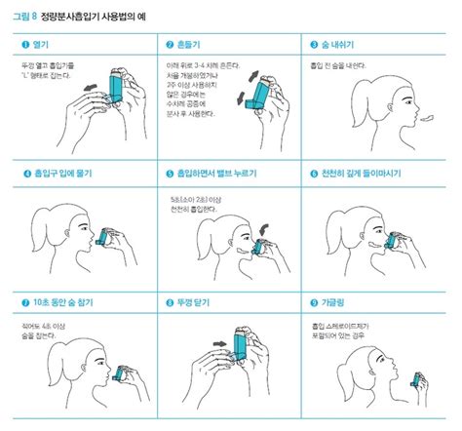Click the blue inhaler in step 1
116,86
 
